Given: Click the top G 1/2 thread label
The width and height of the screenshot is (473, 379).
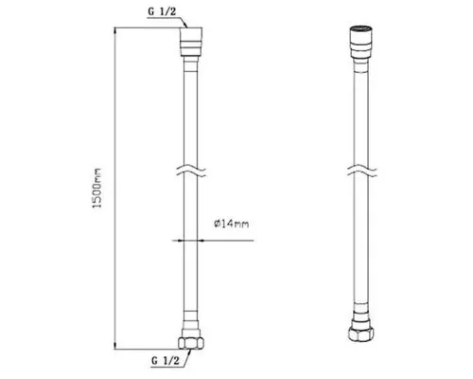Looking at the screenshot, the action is click(x=162, y=11).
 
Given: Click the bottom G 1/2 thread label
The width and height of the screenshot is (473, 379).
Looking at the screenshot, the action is click(x=166, y=360).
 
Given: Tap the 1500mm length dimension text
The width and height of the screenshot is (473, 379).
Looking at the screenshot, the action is click(x=97, y=188).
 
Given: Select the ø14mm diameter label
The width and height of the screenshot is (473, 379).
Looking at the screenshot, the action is click(x=231, y=224).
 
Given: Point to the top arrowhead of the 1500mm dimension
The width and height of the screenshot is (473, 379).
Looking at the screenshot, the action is click(x=115, y=31).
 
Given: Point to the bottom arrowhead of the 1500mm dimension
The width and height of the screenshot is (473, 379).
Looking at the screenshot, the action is click(x=115, y=346).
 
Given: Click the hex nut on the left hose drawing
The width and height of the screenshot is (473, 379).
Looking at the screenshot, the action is click(x=191, y=343).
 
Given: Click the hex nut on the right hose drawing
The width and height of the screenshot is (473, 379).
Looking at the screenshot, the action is click(x=361, y=334).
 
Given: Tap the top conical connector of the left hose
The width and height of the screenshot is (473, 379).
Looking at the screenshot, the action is click(x=191, y=42).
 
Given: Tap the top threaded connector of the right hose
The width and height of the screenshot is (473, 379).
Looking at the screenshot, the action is click(x=361, y=42).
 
